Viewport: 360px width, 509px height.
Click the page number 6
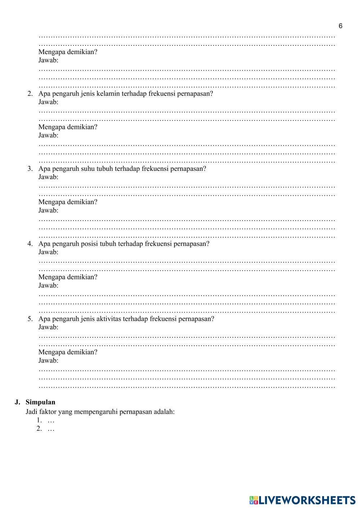coord(341,26)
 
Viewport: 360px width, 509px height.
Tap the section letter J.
coord(17,402)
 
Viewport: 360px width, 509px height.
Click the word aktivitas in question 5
coord(109,319)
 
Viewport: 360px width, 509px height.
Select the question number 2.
coord(30,94)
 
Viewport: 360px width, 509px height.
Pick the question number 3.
coord(30,169)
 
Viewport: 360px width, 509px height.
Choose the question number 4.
coord(30,244)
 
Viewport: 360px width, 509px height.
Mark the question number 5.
coord(30,319)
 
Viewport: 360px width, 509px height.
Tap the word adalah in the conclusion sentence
coord(164,412)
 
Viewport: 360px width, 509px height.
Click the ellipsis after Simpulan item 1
coord(51,421)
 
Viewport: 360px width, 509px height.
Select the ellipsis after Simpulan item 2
coord(51,429)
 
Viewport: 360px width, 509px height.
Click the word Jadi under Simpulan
coord(31,412)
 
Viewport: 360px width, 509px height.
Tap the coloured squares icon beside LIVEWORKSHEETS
coord(254,500)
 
